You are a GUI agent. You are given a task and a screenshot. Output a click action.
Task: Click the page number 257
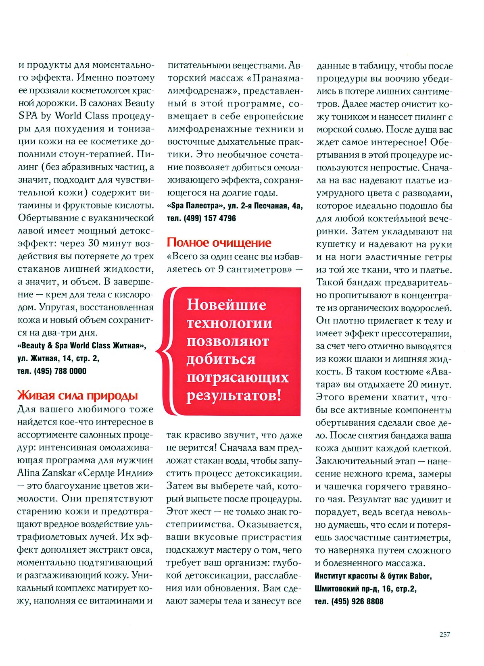pyautogui.click(x=444, y=634)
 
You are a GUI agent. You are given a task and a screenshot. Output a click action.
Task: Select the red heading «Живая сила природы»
pyautogui.click(x=77, y=395)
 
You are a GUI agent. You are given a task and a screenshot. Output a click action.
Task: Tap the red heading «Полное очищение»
pyautogui.click(x=219, y=242)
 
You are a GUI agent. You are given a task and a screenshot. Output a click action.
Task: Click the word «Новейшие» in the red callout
pyautogui.click(x=226, y=305)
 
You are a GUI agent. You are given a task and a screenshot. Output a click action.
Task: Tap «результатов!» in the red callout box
pyautogui.click(x=234, y=395)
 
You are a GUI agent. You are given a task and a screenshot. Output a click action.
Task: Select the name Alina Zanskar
pyautogui.click(x=46, y=472)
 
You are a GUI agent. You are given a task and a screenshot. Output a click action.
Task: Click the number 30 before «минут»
pyautogui.click(x=93, y=244)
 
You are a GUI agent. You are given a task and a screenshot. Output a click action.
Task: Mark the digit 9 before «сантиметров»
pyautogui.click(x=221, y=269)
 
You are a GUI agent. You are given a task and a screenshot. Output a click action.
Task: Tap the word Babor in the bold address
pyautogui.click(x=421, y=576)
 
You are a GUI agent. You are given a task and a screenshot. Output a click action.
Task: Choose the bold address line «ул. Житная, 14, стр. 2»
pyautogui.click(x=58, y=358)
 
